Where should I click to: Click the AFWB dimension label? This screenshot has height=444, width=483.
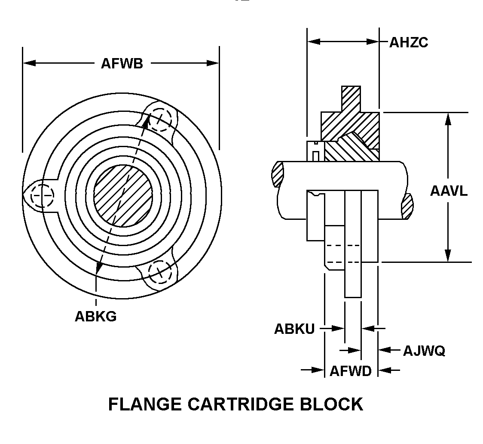[x=122, y=63]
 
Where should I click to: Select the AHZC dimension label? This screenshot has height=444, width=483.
[x=409, y=42]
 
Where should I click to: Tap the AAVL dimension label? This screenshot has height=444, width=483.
[x=449, y=191]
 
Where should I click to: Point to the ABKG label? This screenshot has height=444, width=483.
[x=95, y=316]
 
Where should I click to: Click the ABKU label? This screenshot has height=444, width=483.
[x=294, y=329]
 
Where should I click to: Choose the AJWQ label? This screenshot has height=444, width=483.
[x=424, y=351]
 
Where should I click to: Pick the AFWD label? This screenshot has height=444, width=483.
[x=350, y=371]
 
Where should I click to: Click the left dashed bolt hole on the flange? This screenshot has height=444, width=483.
[x=42, y=195]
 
